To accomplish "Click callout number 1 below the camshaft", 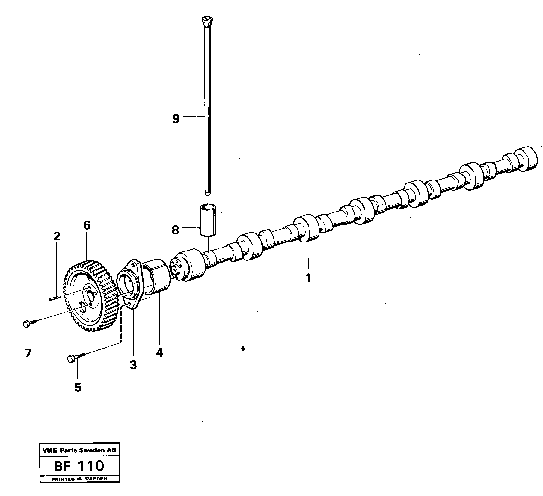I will [308, 278].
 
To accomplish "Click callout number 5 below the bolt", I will [78, 388].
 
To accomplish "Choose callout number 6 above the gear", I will [87, 225].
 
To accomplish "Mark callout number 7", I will [28, 353].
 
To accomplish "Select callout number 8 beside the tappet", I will [175, 230].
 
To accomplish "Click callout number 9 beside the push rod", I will [176, 119].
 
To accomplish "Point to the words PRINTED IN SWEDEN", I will [79, 479].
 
